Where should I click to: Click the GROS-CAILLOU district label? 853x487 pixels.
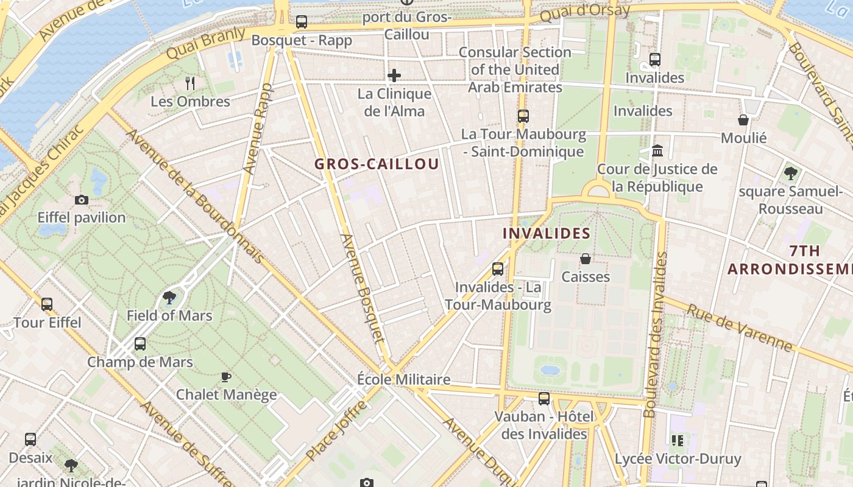click(377, 164)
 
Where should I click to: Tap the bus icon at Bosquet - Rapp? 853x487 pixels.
click(301, 23)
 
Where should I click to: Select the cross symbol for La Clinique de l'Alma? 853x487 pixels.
click(394, 75)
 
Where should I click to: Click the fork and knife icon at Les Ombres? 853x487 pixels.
click(190, 83)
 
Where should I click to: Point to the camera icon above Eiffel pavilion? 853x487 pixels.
click(81, 200)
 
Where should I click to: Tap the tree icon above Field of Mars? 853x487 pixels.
click(169, 298)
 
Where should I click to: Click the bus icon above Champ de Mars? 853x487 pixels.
click(140, 344)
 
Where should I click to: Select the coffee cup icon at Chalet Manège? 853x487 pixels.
click(226, 377)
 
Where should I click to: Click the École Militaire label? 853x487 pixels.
click(404, 379)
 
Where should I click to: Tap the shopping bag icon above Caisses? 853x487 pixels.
click(586, 259)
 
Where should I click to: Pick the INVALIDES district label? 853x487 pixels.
click(547, 233)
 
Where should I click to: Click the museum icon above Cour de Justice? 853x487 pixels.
click(657, 150)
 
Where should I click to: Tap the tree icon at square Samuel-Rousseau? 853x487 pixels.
click(791, 173)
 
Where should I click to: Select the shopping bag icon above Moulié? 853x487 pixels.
click(743, 120)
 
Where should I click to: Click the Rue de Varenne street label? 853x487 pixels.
click(740, 328)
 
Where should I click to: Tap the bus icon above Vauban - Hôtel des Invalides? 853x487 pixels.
click(544, 399)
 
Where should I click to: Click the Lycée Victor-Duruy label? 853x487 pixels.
click(678, 458)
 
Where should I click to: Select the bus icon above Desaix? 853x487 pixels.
click(30, 439)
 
